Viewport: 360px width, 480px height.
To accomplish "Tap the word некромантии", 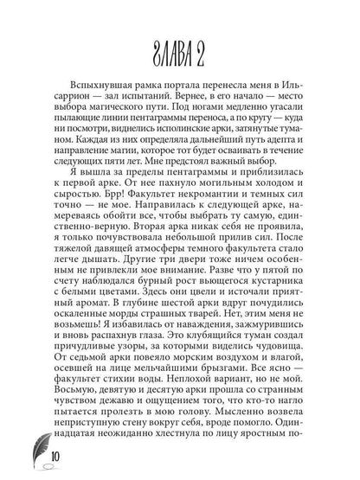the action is [x=196, y=208].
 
